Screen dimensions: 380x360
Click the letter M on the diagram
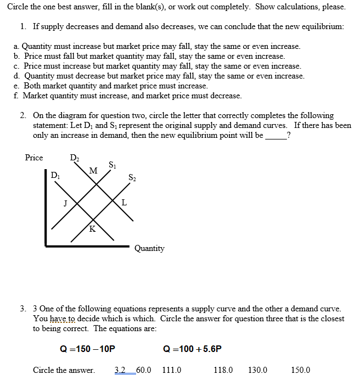pos(93,171)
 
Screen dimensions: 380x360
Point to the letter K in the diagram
pos(92,228)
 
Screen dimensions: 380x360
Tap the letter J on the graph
pos(65,203)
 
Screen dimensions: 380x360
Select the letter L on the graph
pos(124,203)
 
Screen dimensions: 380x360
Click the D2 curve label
pos(74,159)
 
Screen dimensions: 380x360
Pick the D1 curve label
pos(55,176)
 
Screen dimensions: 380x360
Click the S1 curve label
pos(112,165)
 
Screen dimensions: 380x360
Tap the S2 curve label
pos(132,177)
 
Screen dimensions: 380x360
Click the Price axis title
pos(34,158)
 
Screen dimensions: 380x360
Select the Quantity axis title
pos(149,248)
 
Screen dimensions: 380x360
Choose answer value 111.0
pos(172,370)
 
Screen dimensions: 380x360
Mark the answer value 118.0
pos(223,370)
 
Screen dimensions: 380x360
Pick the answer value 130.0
pos(257,370)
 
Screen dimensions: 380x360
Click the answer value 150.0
pos(300,370)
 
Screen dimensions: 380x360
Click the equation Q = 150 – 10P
pos(88,349)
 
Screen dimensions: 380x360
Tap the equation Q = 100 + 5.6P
pos(193,349)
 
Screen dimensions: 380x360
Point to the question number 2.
pos(23,115)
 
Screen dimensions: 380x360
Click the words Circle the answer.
pos(64,370)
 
